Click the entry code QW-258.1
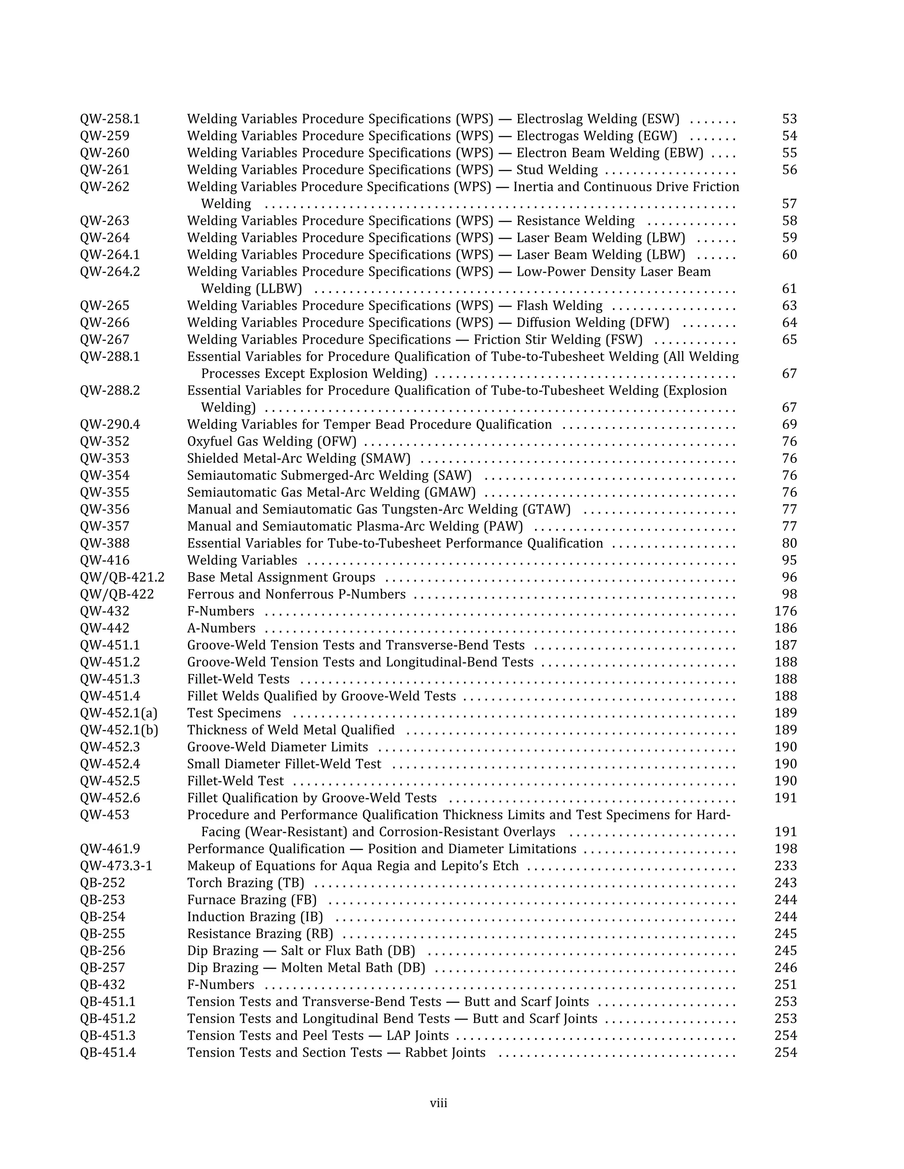click(x=110, y=119)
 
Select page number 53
click(x=789, y=119)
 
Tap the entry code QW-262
click(x=105, y=187)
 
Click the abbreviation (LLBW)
click(x=279, y=289)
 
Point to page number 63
click(x=789, y=306)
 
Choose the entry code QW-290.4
click(x=110, y=424)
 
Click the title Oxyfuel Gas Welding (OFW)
click(x=271, y=442)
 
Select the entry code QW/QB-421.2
click(x=122, y=577)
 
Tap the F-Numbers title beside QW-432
click(x=221, y=611)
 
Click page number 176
click(x=786, y=611)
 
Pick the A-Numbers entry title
click(x=221, y=628)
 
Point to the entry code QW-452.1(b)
click(x=119, y=730)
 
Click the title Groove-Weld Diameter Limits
click(x=277, y=747)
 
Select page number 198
click(x=786, y=849)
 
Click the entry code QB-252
click(x=102, y=883)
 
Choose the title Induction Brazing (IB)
click(x=255, y=917)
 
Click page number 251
click(x=786, y=985)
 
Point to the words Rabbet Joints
click(x=445, y=1053)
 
